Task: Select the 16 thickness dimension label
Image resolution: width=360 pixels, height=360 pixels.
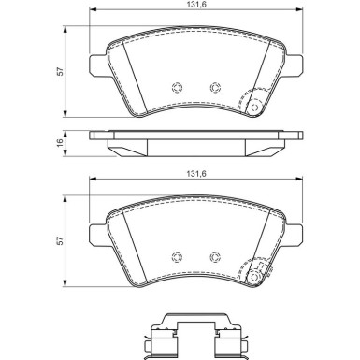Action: [x=57, y=142]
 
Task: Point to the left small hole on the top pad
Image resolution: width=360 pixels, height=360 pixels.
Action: [x=177, y=89]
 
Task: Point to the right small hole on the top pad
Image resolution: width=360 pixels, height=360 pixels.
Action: [x=215, y=89]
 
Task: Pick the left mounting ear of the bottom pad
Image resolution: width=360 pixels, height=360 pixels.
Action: [x=96, y=234]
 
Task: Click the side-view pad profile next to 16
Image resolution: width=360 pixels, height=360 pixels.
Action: [x=194, y=142]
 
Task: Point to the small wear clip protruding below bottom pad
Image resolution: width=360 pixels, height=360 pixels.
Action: [x=265, y=277]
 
